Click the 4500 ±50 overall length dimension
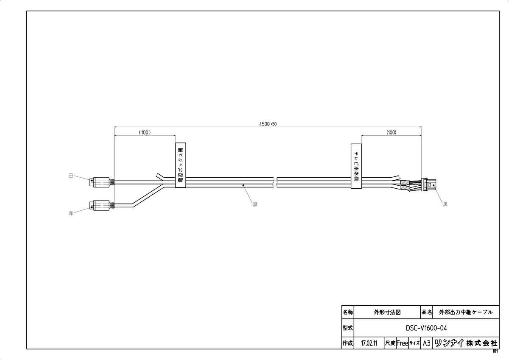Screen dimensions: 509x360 pyautogui.click(x=268, y=124)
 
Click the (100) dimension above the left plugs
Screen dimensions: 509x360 pyautogui.click(x=145, y=132)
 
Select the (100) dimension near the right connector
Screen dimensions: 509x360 pyautogui.click(x=391, y=132)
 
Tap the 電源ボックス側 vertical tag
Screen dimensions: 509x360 pyautogui.click(x=180, y=165)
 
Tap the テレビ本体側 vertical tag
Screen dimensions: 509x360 pyautogui.click(x=356, y=166)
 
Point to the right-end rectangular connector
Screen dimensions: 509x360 pyautogui.click(x=429, y=184)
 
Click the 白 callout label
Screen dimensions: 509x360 pyautogui.click(x=71, y=176)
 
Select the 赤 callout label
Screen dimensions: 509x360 pyautogui.click(x=71, y=213)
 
